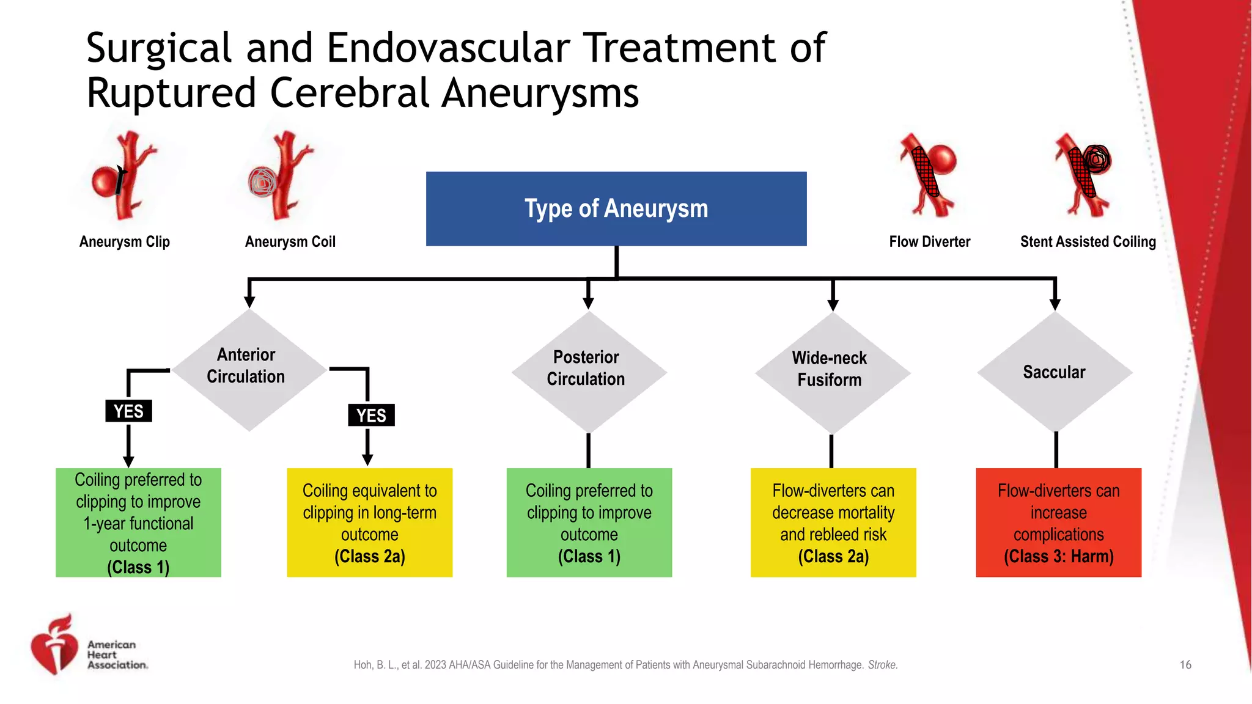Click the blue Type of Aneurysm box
tap(616, 208)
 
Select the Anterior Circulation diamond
tap(248, 370)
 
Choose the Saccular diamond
tap(1055, 372)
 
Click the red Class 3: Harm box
tap(1058, 522)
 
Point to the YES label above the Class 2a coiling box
tap(371, 416)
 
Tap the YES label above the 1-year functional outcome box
tap(128, 411)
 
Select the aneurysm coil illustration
tap(281, 176)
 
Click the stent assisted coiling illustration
tap(1086, 175)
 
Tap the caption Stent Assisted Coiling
tap(1088, 242)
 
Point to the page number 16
tap(1185, 665)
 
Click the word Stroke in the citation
tap(882, 665)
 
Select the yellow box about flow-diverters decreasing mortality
tap(833, 522)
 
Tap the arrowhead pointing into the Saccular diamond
tap(1055, 304)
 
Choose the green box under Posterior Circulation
tap(589, 522)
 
